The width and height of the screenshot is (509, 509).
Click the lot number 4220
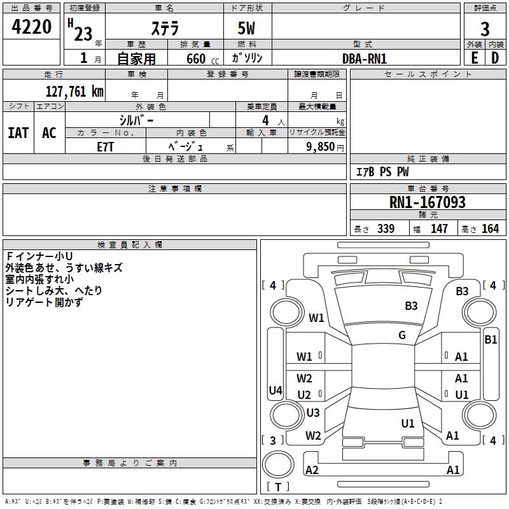pyautogui.click(x=31, y=27)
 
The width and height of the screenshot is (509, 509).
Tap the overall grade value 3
pyautogui.click(x=485, y=29)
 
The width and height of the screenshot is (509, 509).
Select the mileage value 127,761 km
pyautogui.click(x=74, y=92)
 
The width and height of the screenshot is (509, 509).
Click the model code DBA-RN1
pyautogui.click(x=365, y=59)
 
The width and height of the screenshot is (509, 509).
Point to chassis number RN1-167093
pyautogui.click(x=427, y=202)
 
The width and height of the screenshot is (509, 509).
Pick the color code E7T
pyautogui.click(x=105, y=147)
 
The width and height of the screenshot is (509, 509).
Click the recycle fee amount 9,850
pyautogui.click(x=320, y=147)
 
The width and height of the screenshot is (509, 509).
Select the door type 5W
pyautogui.click(x=246, y=29)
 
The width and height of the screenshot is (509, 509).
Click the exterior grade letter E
pyautogui.click(x=475, y=59)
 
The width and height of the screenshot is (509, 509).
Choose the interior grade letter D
pyautogui.click(x=495, y=59)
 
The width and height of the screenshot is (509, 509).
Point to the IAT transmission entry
pyautogui.click(x=18, y=133)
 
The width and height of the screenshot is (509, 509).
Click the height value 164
pyautogui.click(x=490, y=228)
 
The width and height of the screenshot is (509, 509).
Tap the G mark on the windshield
pyautogui.click(x=402, y=335)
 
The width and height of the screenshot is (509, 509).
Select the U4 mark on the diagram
pyautogui.click(x=275, y=390)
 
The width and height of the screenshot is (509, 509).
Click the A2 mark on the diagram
pyautogui.click(x=312, y=470)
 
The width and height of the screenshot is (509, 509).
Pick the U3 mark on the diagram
pyautogui.click(x=313, y=412)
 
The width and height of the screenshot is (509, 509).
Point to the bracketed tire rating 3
pyautogui.click(x=273, y=440)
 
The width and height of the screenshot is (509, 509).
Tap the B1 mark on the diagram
pyautogui.click(x=491, y=340)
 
